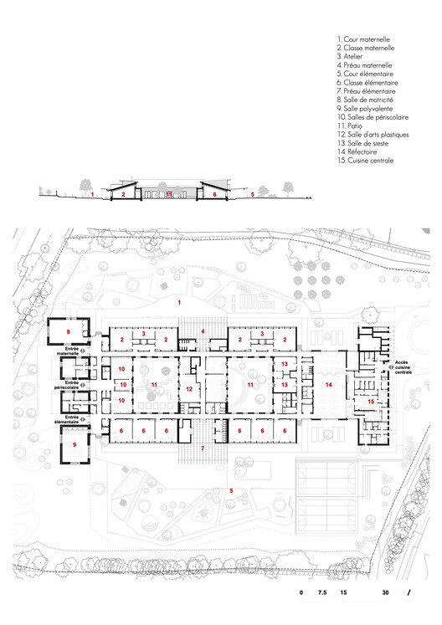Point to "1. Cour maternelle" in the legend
363,39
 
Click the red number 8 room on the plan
69,332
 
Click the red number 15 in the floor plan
370,402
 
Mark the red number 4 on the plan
203,331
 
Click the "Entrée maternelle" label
68,353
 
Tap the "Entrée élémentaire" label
68,418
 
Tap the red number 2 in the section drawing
123,194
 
